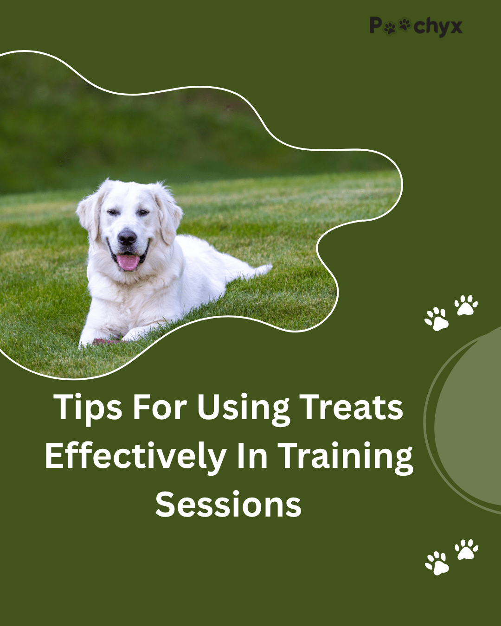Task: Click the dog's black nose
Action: coord(127,238)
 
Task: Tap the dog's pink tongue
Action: coord(128,262)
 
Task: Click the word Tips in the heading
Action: coord(88,408)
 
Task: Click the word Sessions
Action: coord(228,505)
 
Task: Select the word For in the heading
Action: coord(160,407)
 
